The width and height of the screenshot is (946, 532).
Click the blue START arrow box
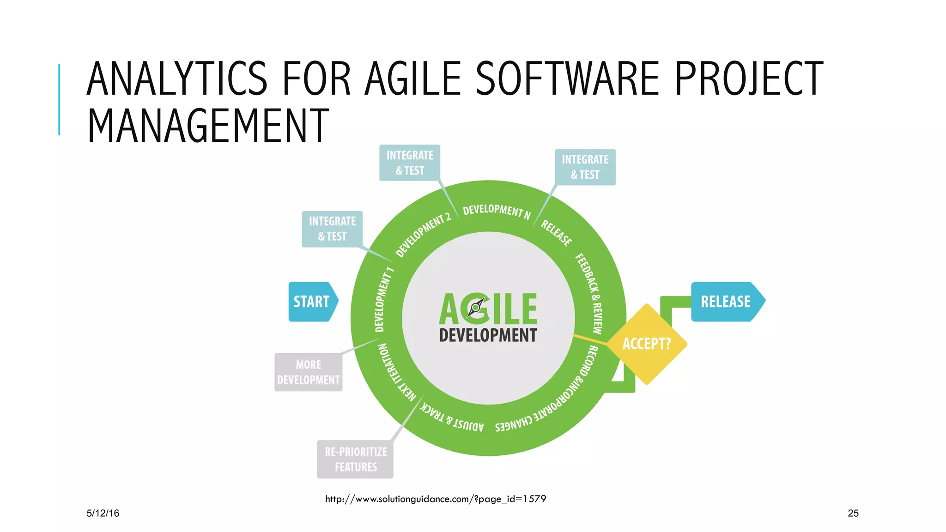[312, 302]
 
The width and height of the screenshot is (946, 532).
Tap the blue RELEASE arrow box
[726, 302]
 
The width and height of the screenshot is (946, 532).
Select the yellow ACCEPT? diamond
[647, 344]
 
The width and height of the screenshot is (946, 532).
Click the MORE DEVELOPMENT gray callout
[308, 372]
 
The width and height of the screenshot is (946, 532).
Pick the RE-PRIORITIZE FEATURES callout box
[355, 459]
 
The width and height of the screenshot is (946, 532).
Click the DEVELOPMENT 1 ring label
[383, 299]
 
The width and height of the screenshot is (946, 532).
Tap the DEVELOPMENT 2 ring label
[423, 235]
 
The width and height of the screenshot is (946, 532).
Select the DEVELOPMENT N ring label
[497, 212]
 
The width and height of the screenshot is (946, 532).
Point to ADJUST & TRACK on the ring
[452, 418]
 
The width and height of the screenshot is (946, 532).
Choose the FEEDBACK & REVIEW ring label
[590, 293]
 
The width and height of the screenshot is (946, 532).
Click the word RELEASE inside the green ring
[556, 233]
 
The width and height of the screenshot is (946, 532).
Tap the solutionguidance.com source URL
[435, 499]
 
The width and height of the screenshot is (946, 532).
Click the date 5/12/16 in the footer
[103, 513]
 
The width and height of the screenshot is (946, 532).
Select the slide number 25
[853, 513]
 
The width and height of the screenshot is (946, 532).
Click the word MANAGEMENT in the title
[208, 126]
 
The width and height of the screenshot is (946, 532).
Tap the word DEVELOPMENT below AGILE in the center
[488, 335]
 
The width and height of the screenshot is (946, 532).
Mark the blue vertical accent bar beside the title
[59, 99]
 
